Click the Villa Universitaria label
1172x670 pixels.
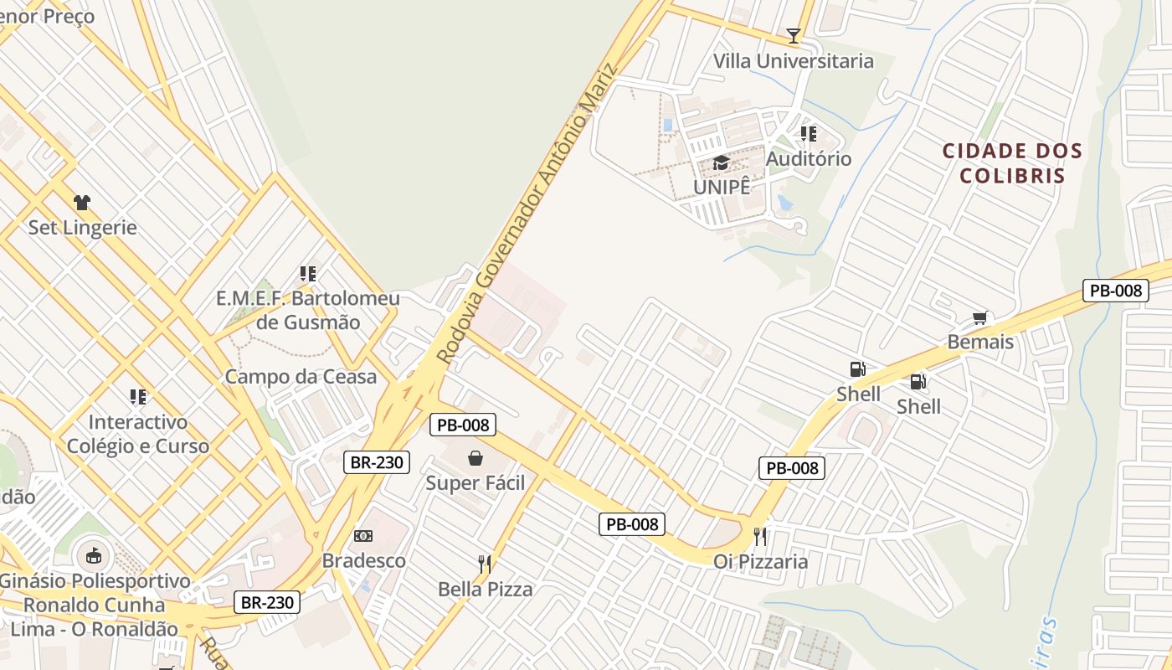(x=793, y=61)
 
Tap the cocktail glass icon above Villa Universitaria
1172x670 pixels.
(x=794, y=36)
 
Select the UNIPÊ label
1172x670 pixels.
(x=722, y=187)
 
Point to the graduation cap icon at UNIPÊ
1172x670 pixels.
(x=721, y=162)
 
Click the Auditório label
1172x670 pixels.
(x=809, y=158)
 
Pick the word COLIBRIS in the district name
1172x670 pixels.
(x=1012, y=176)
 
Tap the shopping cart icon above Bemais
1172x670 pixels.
(x=980, y=318)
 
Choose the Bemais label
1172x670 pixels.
(x=980, y=342)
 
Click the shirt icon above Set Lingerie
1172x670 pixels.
(x=82, y=203)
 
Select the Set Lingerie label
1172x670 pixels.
(x=82, y=227)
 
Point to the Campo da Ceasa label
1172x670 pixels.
(x=301, y=377)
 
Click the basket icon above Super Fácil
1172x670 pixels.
(x=475, y=458)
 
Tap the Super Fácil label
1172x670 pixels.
(x=475, y=483)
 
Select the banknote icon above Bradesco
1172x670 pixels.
(x=363, y=536)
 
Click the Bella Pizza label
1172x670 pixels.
(x=486, y=589)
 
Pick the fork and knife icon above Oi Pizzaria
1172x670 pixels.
(x=760, y=536)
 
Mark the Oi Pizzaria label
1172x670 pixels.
(x=761, y=561)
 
